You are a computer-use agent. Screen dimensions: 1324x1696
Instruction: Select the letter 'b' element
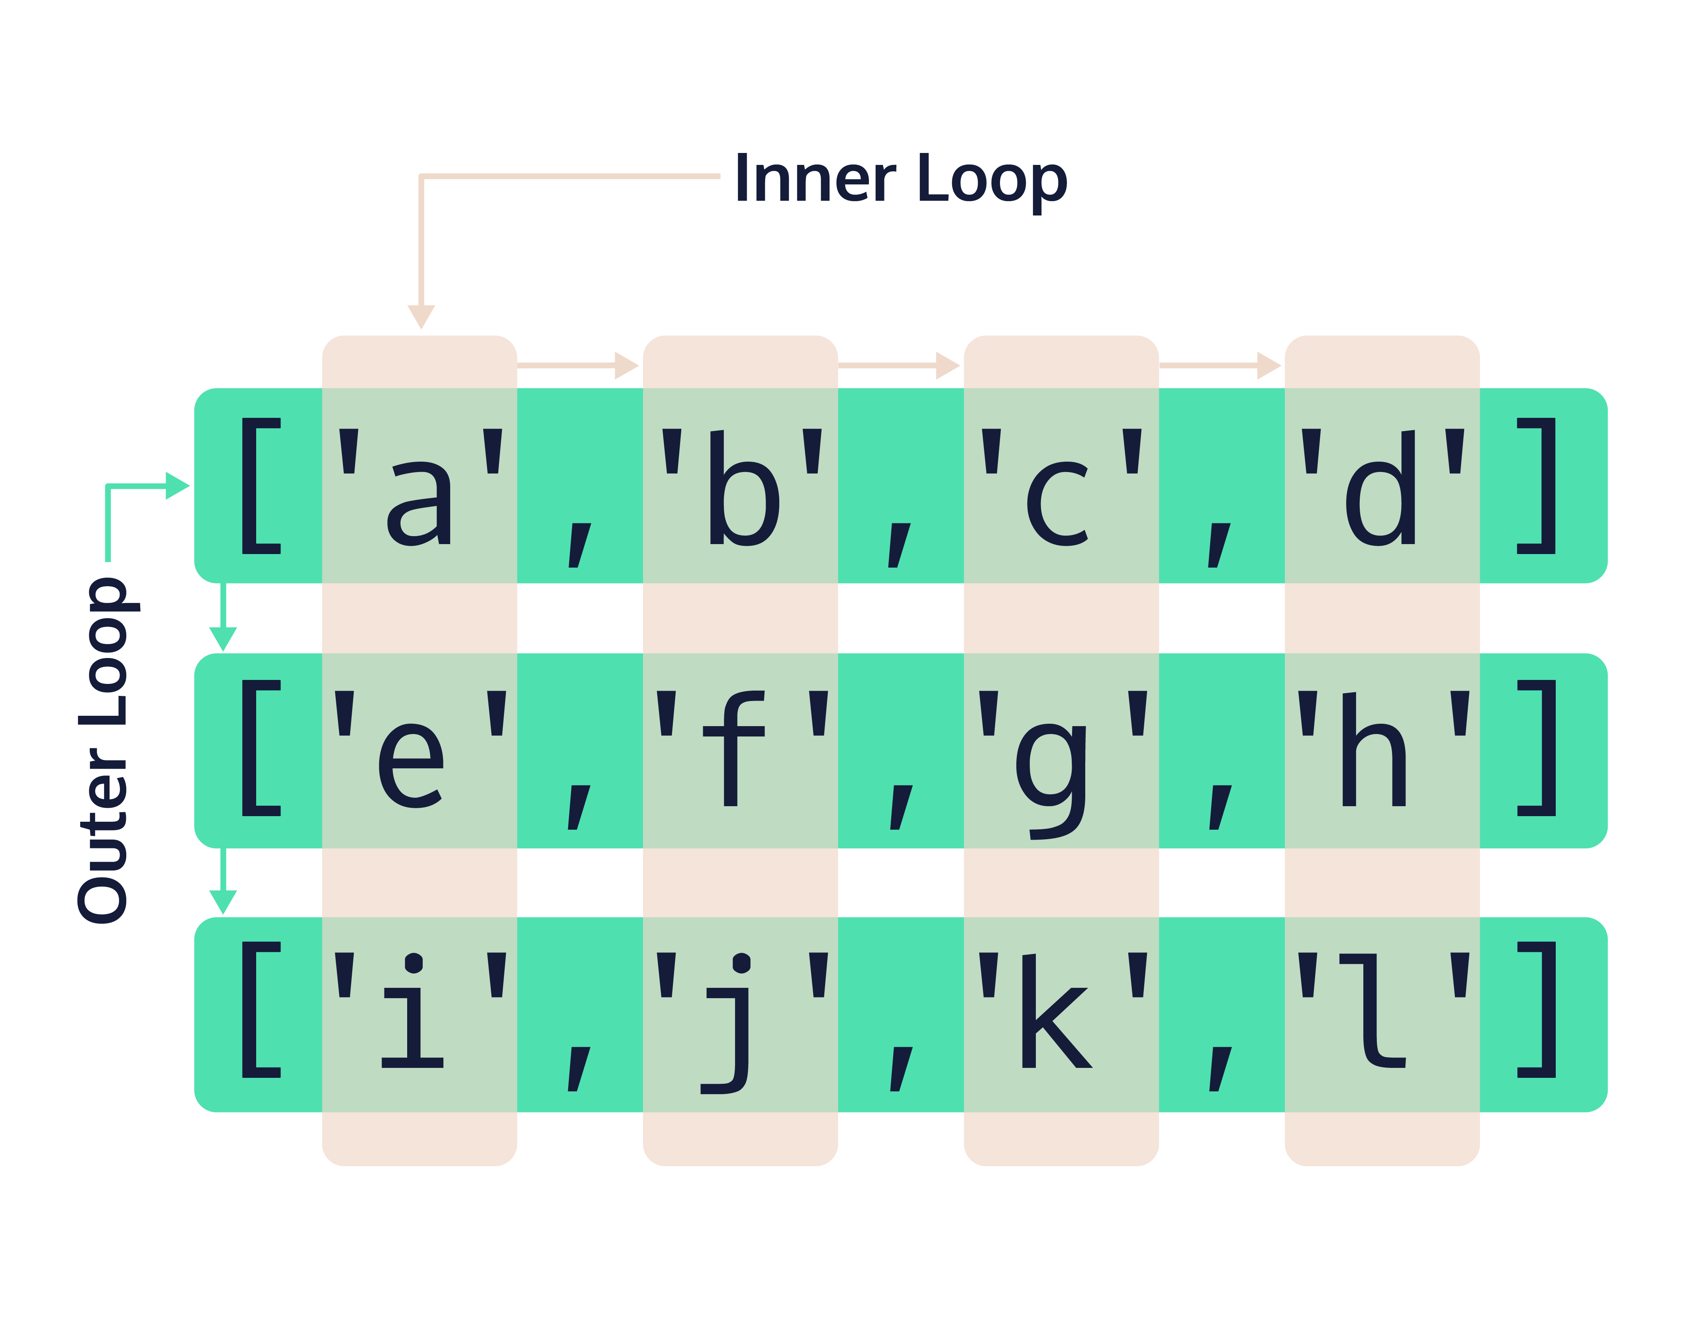743,489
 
